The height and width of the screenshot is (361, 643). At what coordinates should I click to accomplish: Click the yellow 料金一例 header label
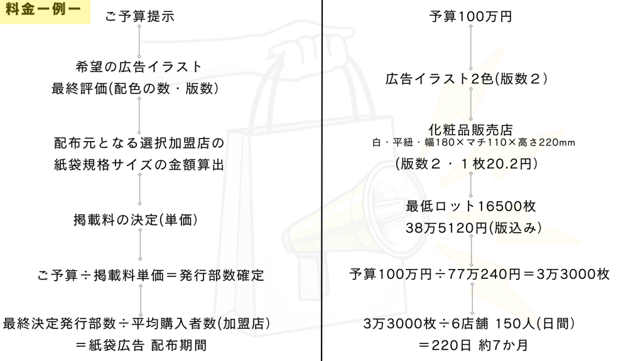(45, 11)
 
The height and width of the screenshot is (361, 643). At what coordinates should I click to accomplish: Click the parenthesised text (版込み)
(519, 228)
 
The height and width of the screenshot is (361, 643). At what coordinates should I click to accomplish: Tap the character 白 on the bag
(377, 142)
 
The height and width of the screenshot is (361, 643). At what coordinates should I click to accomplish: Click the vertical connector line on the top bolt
(470, 103)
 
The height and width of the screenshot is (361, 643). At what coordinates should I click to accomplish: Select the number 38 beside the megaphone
(413, 228)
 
